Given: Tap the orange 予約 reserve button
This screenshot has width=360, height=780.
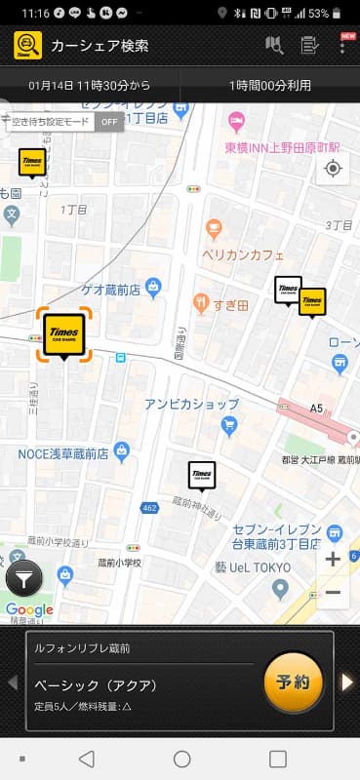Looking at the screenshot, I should [x=294, y=681].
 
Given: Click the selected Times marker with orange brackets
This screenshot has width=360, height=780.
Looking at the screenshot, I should [x=64, y=333].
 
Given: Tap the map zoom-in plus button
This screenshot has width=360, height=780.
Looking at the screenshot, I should [x=333, y=560].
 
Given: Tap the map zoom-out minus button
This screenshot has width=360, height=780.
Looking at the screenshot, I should [x=333, y=592].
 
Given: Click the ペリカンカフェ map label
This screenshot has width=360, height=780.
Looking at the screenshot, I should [x=243, y=255].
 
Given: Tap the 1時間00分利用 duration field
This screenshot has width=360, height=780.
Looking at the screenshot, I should [x=270, y=86].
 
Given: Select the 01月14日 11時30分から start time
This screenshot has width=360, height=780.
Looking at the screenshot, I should [x=90, y=86].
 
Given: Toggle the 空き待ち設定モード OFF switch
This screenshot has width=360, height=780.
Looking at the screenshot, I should [x=109, y=122].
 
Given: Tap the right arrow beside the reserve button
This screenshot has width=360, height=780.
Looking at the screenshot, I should [x=346, y=682].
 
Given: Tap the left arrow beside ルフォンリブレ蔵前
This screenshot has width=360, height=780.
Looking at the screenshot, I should [x=13, y=682].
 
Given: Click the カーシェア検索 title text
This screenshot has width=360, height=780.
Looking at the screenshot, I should [x=100, y=45].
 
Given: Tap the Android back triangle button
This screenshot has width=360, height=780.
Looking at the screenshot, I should [x=87, y=759].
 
